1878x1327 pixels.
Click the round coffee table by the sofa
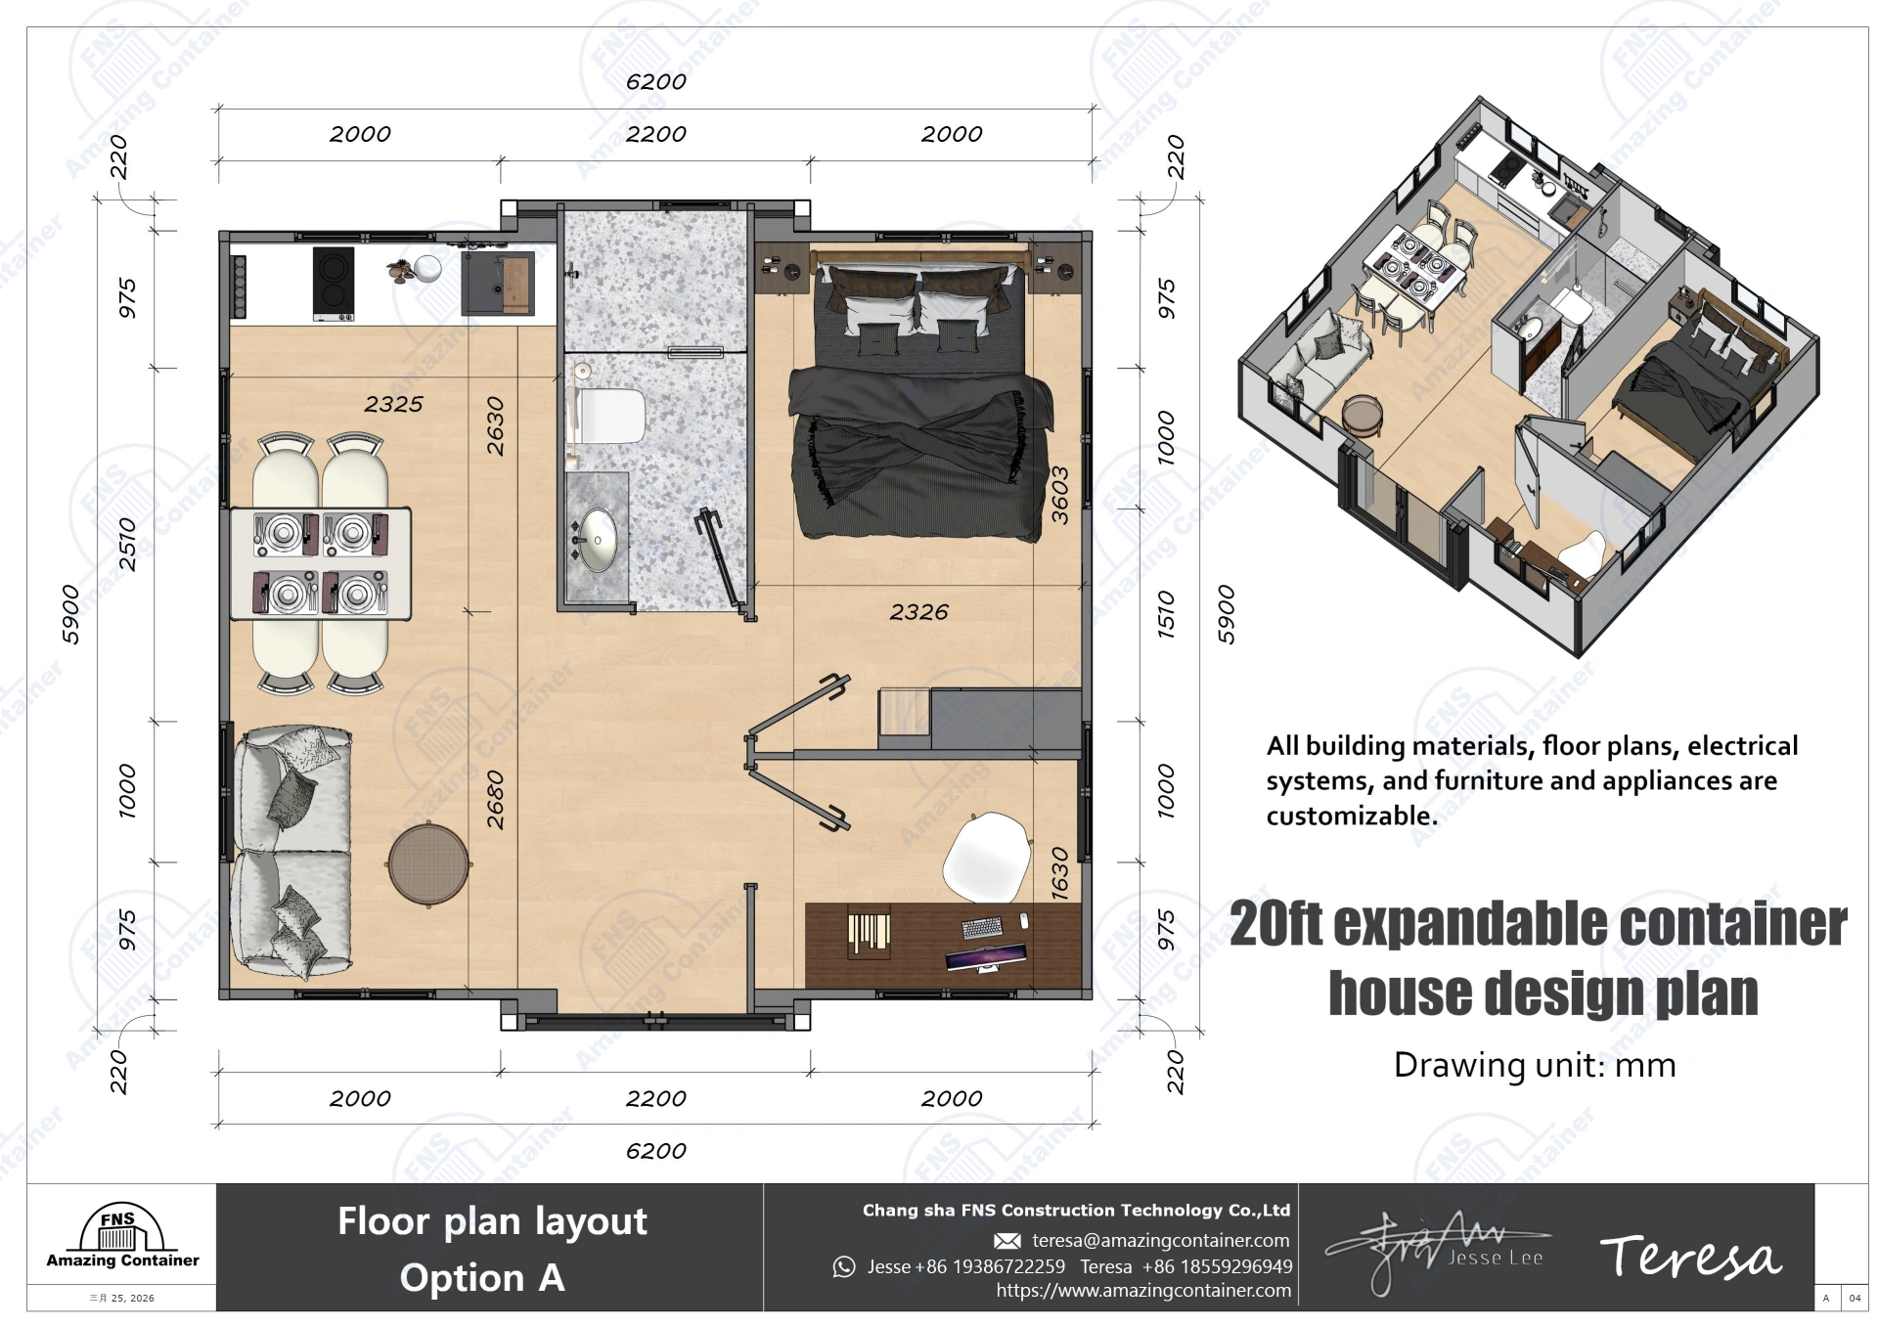coord(428,864)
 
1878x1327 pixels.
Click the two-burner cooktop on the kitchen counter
coord(333,284)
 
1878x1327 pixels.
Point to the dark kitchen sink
coord(498,284)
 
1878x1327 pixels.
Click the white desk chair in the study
coord(987,857)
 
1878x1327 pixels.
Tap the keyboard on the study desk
coord(982,926)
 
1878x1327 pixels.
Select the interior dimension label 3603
coord(1059,495)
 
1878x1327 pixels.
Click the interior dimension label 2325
coord(393,404)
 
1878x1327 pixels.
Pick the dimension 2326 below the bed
coord(918,612)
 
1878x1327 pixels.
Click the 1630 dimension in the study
coord(1059,873)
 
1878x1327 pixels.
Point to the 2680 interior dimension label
coord(496,800)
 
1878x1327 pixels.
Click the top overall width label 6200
coord(655,82)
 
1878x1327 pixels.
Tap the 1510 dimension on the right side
coord(1166,614)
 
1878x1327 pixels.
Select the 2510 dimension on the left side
coord(127,545)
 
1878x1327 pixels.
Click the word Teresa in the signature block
coord(1690,1257)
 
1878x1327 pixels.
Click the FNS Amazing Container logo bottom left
coord(121,1238)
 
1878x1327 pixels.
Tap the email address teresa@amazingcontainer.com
coord(1160,1240)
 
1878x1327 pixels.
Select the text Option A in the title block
coord(482,1278)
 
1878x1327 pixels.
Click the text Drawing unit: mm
coord(1534,1065)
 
